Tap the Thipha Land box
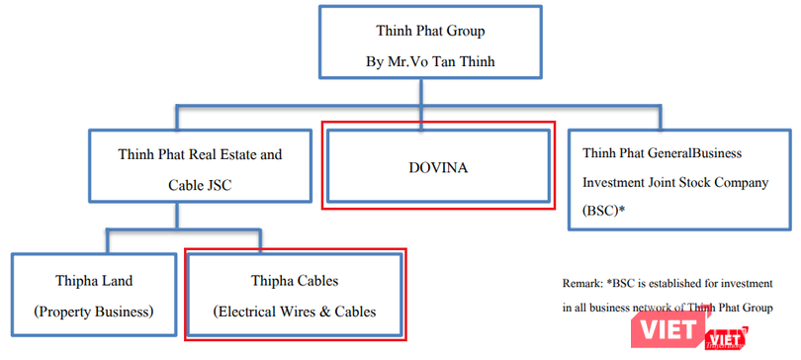pos(94,296)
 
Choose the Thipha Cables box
pos(295,296)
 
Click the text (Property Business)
pos(94,312)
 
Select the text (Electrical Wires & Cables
pos(295,313)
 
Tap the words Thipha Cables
pos(295,281)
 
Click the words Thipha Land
pos(94,281)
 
